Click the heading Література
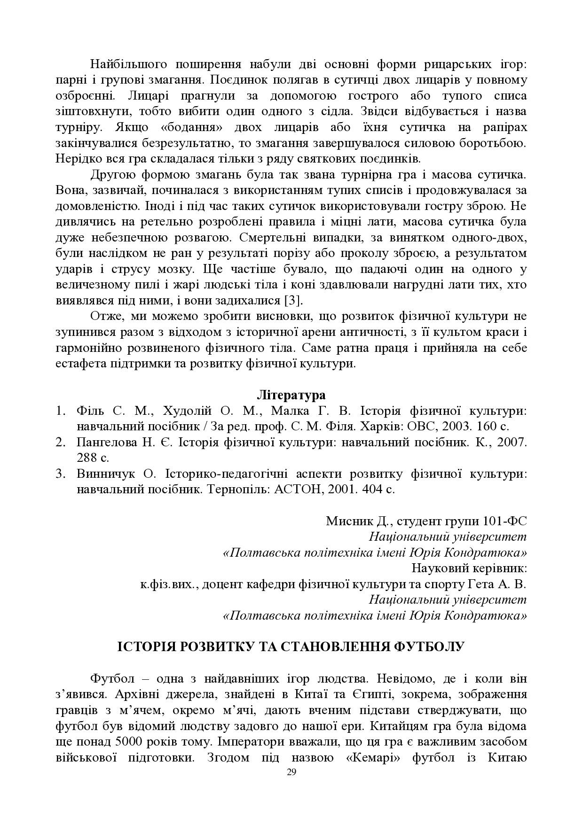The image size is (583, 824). tap(291, 394)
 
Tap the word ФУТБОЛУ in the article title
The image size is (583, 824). tap(428, 646)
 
